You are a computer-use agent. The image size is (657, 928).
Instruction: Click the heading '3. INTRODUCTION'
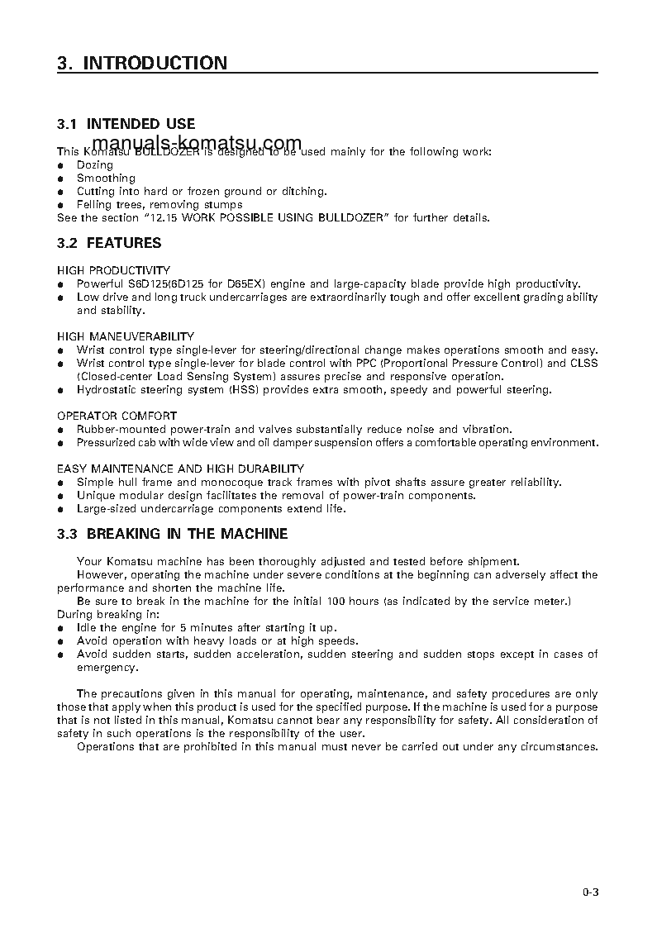[141, 63]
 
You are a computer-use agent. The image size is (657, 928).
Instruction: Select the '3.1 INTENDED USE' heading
[126, 124]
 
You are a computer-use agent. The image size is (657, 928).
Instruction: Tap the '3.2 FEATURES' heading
[109, 243]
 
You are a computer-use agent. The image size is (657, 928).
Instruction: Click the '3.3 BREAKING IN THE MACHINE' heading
[172, 534]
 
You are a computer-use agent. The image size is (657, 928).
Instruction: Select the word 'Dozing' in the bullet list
[94, 164]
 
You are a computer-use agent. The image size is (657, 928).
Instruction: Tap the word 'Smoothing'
[106, 178]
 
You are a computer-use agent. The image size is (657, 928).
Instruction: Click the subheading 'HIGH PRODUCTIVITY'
[113, 270]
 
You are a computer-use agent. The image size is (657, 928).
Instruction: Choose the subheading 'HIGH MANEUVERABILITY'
[126, 336]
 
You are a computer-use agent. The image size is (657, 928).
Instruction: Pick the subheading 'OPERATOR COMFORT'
[117, 416]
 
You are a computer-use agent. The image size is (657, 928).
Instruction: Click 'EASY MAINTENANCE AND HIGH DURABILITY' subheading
[180, 469]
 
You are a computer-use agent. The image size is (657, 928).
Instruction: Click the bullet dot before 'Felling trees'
[60, 205]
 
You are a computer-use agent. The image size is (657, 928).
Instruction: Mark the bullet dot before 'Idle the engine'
[60, 628]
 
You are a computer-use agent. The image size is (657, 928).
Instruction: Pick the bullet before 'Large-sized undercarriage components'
[60, 509]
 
